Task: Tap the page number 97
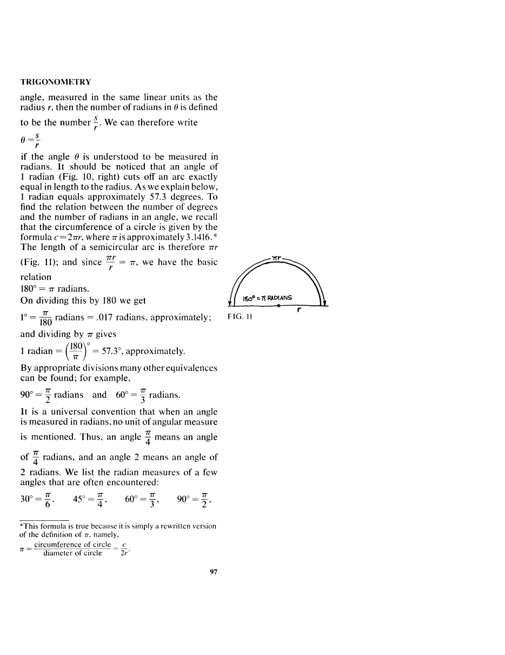(213, 572)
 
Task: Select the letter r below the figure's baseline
(299, 311)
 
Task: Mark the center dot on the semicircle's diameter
(278, 306)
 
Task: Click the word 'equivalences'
(191, 368)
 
